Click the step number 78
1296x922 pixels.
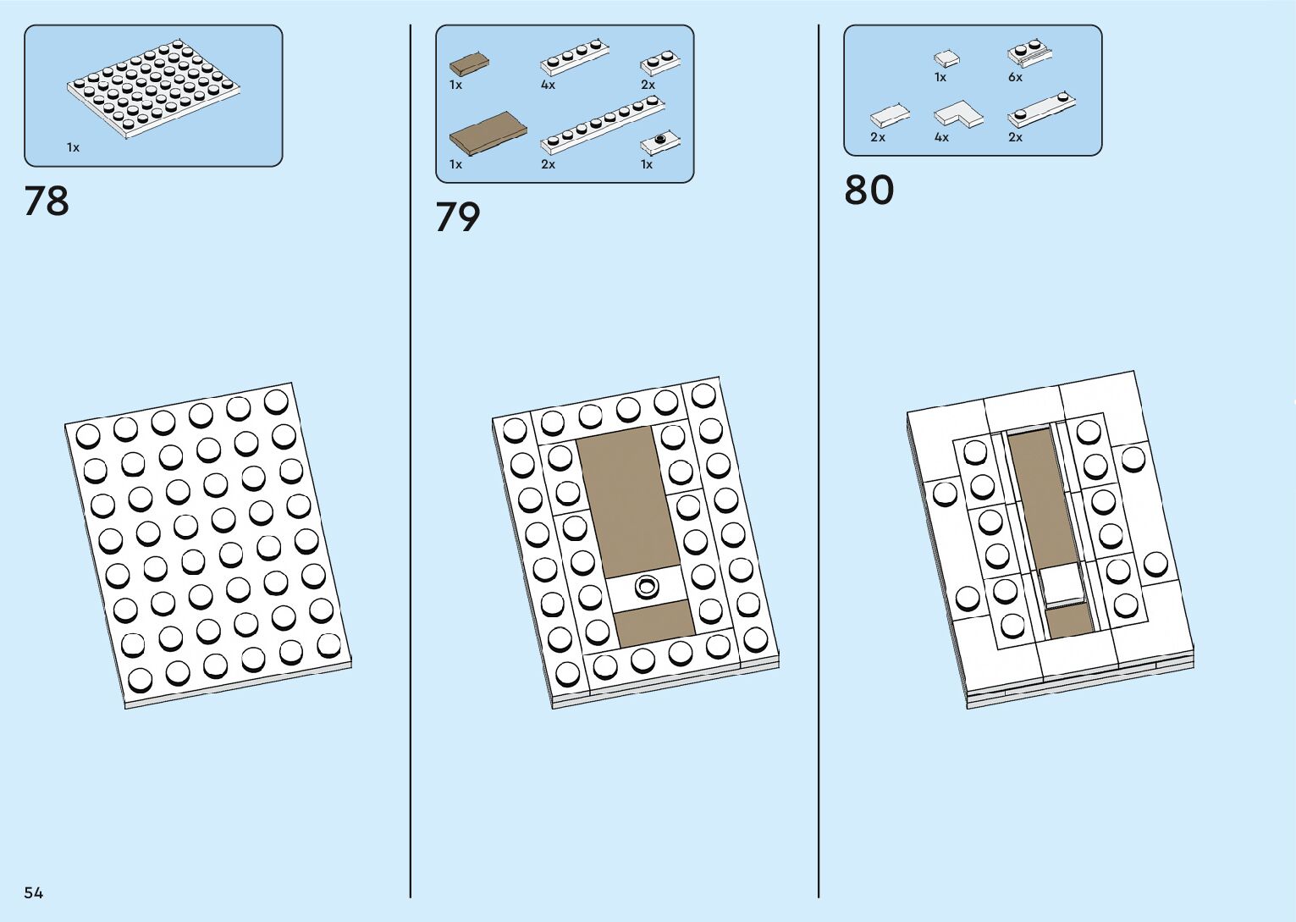point(47,202)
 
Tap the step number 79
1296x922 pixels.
point(458,218)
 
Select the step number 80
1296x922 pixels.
point(869,190)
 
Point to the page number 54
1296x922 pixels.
point(34,892)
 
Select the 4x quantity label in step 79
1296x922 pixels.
point(548,85)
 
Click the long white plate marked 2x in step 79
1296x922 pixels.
point(602,124)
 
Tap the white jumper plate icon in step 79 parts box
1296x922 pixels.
point(660,142)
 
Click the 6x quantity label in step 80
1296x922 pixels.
point(1015,77)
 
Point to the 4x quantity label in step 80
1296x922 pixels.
point(941,137)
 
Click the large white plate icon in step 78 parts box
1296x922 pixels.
point(152,88)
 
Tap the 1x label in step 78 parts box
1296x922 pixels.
point(74,147)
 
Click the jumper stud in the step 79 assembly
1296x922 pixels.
point(648,585)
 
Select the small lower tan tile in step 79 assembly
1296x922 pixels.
point(654,622)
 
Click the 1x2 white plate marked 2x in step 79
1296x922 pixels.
point(660,63)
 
